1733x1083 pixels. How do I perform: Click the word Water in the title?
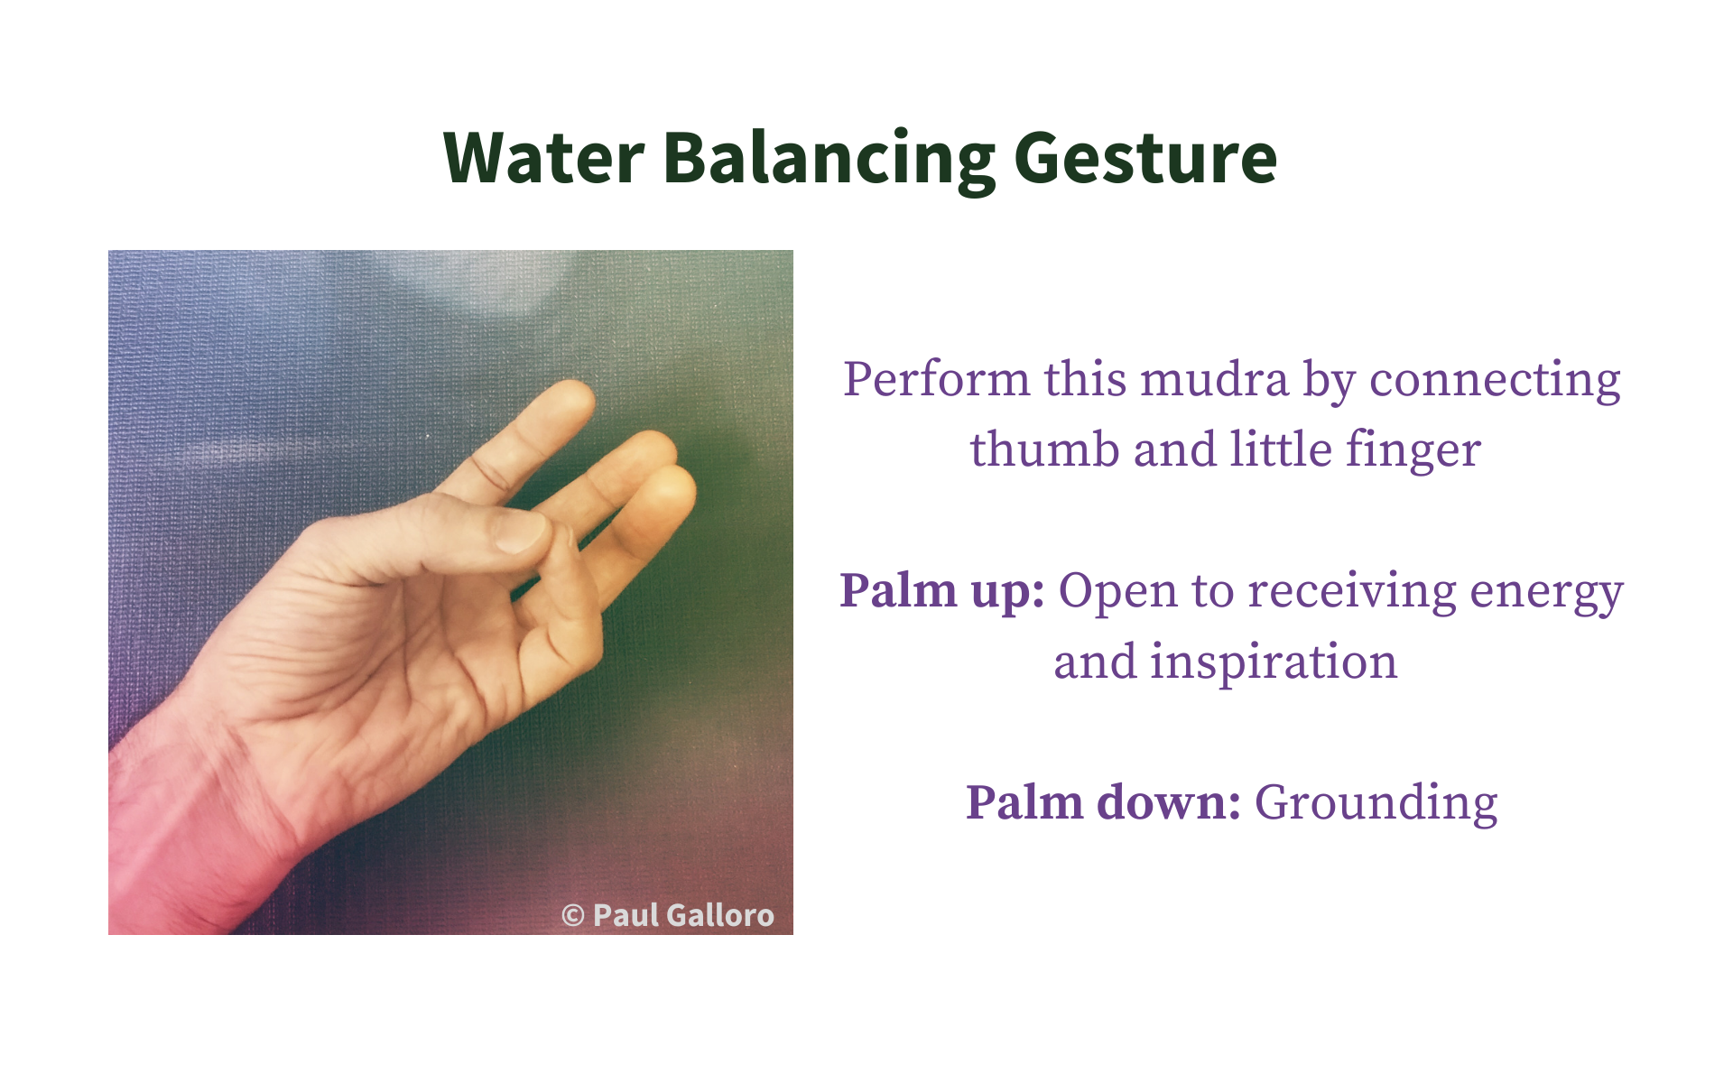point(544,158)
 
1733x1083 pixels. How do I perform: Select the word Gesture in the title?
point(1145,161)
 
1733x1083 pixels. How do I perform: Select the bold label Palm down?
point(1103,801)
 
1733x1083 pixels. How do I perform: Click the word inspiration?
point(1274,662)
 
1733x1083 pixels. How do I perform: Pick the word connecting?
point(1496,380)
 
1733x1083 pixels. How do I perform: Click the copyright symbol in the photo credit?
point(573,916)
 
